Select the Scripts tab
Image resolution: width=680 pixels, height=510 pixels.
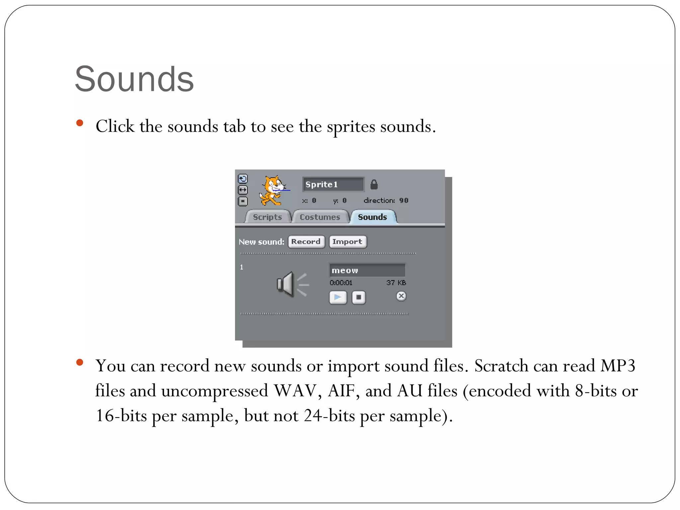click(267, 217)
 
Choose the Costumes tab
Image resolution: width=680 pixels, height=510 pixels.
click(320, 217)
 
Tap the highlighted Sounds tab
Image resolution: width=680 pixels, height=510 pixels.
click(373, 217)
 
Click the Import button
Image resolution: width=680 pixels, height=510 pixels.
click(347, 242)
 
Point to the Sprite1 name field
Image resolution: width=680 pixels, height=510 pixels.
click(333, 185)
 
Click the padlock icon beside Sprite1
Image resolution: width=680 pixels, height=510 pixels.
click(374, 185)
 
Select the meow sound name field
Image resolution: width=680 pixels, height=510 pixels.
click(367, 270)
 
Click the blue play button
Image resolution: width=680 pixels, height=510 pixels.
click(338, 297)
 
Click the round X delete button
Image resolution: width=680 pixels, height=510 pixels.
click(401, 296)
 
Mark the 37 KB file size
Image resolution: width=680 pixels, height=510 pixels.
click(396, 283)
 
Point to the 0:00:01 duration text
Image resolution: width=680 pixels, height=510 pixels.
click(341, 283)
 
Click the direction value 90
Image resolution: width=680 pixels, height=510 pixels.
click(404, 201)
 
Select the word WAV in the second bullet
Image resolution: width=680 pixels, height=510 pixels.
click(295, 391)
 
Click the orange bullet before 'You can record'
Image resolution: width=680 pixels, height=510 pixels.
click(80, 362)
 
